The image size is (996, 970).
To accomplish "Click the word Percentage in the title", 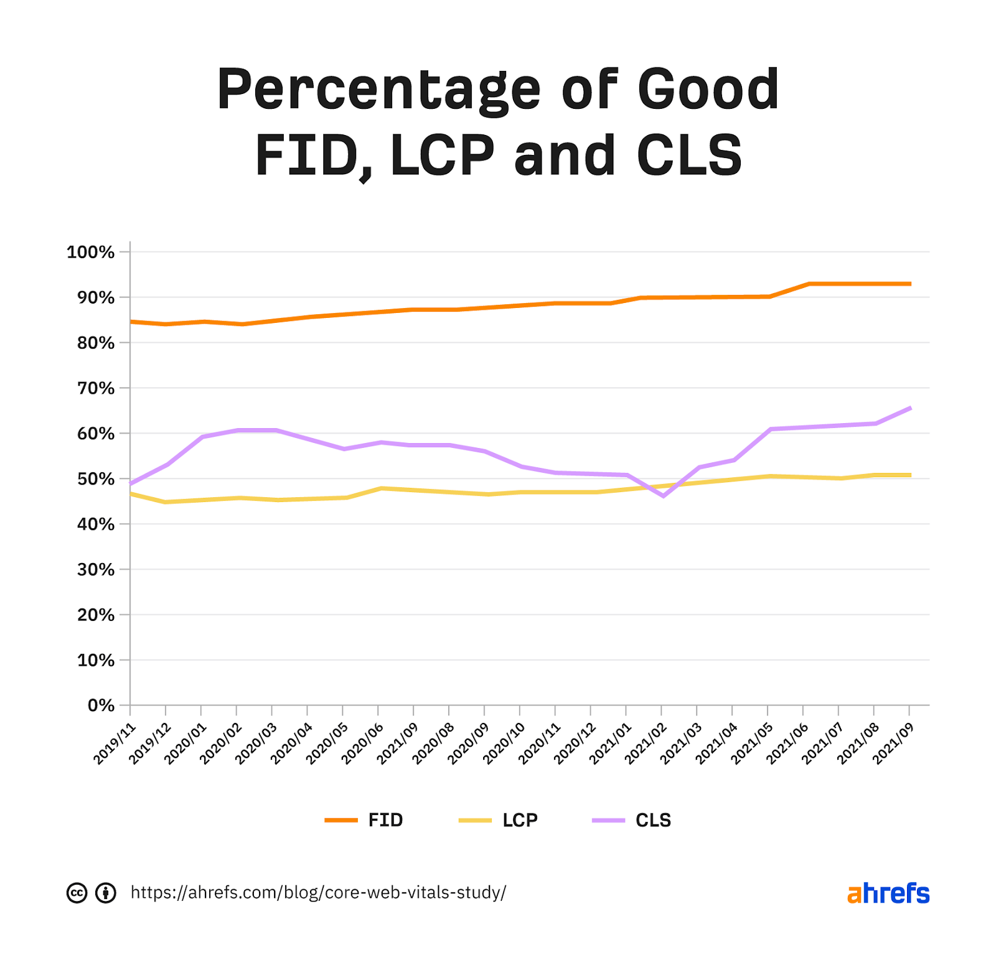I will click(x=378, y=91).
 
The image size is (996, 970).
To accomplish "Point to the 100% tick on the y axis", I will click(x=91, y=252).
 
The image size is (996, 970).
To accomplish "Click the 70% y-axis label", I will click(x=96, y=388).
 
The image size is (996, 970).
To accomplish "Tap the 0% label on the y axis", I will click(x=101, y=706).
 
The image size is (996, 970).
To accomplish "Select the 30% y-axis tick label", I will click(x=96, y=569).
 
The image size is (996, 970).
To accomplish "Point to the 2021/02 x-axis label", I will click(x=646, y=743).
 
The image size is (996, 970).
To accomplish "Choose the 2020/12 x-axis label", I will click(x=575, y=743).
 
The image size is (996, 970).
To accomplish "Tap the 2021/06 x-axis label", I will click(x=787, y=743).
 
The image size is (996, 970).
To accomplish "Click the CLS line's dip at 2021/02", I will click(x=663, y=496).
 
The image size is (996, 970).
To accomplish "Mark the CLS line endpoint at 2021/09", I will click(x=910, y=408).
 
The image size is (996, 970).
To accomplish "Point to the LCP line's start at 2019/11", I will click(x=131, y=493).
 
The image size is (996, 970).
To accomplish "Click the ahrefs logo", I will click(x=888, y=893).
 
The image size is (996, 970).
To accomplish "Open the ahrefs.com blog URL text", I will click(x=318, y=893).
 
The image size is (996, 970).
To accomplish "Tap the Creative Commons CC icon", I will click(x=77, y=893).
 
